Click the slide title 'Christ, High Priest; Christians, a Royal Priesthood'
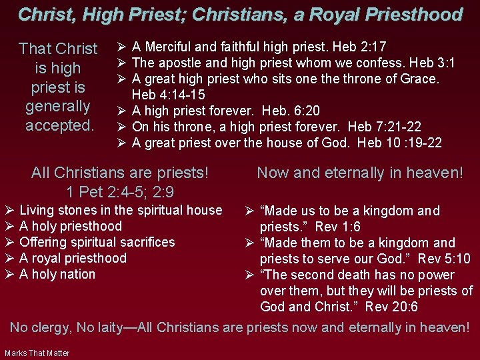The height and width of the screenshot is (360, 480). (x=240, y=14)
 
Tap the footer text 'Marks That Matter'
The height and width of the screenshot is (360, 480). (x=37, y=353)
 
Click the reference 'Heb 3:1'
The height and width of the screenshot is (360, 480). (x=432, y=63)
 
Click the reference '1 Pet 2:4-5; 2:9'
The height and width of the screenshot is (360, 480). (x=120, y=192)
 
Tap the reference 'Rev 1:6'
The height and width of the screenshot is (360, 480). (x=338, y=227)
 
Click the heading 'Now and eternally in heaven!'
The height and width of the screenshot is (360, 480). (x=360, y=173)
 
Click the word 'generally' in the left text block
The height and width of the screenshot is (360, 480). (x=58, y=106)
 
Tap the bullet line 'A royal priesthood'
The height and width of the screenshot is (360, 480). (x=73, y=258)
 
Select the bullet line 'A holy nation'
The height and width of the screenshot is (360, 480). (x=58, y=274)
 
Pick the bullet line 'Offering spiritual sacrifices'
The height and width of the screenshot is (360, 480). (x=97, y=242)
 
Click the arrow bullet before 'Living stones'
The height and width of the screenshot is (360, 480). (x=9, y=210)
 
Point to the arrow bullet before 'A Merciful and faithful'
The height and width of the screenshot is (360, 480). (x=121, y=47)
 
